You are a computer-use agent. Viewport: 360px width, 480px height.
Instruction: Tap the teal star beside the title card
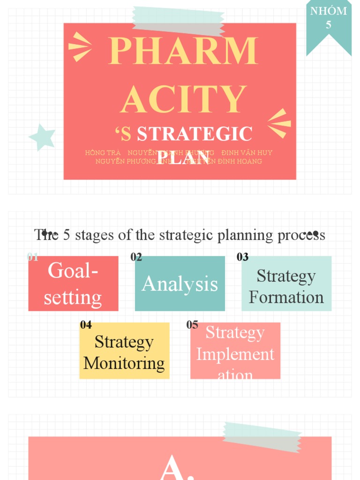pyautogui.click(x=42, y=137)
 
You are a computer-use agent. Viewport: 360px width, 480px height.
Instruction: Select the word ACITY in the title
pyautogui.click(x=183, y=99)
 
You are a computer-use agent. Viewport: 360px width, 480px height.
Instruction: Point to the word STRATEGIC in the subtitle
pyautogui.click(x=195, y=134)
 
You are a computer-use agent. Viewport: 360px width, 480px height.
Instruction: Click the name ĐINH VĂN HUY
pyautogui.click(x=247, y=153)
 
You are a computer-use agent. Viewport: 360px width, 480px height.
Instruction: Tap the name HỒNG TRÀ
pyautogui.click(x=103, y=153)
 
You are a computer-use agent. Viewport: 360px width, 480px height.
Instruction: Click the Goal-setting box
pyautogui.click(x=73, y=284)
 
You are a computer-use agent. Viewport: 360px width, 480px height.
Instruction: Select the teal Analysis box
pyautogui.click(x=180, y=284)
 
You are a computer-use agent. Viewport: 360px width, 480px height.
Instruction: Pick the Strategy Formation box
pyautogui.click(x=286, y=284)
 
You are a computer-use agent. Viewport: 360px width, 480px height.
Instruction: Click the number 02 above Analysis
pyautogui.click(x=136, y=257)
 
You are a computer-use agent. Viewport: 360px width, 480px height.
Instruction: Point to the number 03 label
pyautogui.click(x=243, y=257)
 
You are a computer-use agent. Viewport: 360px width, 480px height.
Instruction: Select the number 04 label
pyautogui.click(x=86, y=324)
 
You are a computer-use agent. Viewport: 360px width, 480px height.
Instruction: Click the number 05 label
pyautogui.click(x=192, y=324)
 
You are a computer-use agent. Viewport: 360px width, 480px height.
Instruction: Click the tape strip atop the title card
pyautogui.click(x=178, y=21)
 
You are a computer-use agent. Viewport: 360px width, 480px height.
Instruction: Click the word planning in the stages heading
pyautogui.click(x=244, y=234)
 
